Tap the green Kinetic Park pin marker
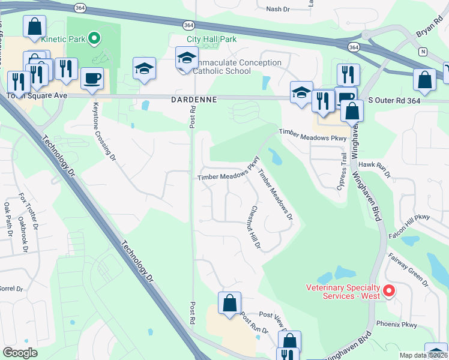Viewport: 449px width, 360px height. point(94,39)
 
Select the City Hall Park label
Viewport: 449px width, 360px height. point(211,39)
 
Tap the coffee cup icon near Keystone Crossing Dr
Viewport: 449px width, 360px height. point(92,79)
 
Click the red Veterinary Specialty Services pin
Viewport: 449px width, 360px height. point(388,290)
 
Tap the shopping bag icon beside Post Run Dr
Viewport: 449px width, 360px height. point(229,304)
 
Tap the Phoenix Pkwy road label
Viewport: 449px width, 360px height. point(396,324)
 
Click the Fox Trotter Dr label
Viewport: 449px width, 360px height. point(28,211)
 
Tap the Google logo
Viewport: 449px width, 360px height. point(20,353)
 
